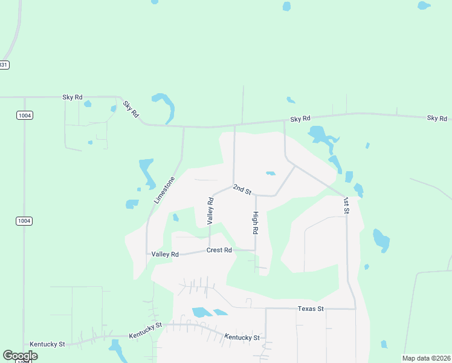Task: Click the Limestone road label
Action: point(164,190)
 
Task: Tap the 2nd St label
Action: point(242,190)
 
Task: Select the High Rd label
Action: point(256,223)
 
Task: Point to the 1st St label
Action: point(346,205)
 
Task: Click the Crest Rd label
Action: point(219,250)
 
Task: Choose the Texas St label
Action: point(311,309)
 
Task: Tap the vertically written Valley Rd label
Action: point(210,211)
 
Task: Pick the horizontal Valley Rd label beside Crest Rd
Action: point(165,255)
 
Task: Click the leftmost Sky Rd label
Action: point(72,97)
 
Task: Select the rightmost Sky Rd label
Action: point(436,118)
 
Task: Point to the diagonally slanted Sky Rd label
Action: point(131,109)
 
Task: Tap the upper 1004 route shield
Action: point(25,116)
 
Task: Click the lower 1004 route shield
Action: point(24,221)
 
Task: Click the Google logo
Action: point(20,356)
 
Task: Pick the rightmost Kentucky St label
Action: point(242,338)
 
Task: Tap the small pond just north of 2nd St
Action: point(270,174)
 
